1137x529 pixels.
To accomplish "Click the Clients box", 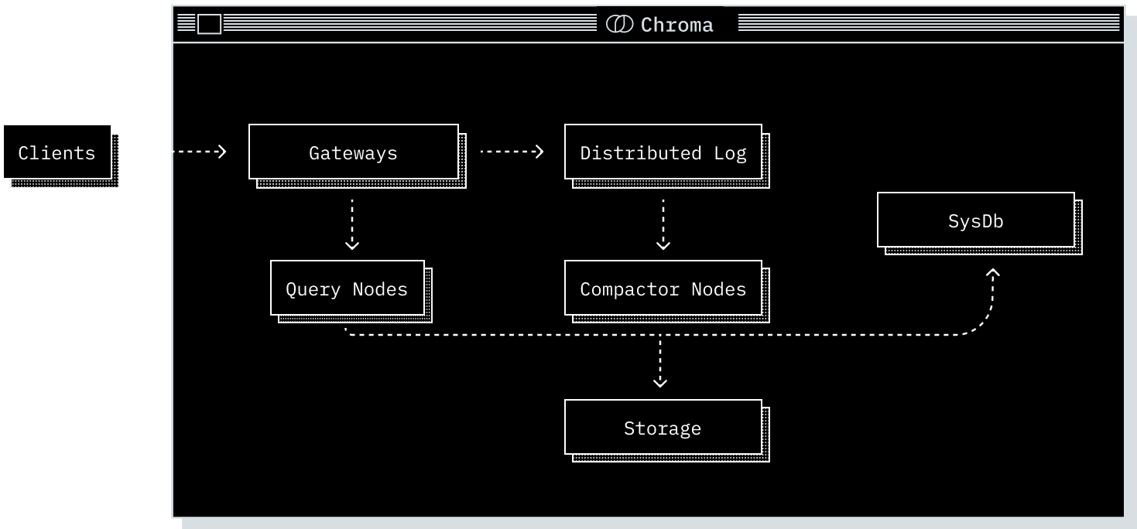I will (57, 152).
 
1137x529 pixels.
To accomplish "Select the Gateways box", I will (353, 152).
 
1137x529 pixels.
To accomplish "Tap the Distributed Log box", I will (663, 152).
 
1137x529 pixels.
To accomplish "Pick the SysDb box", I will (975, 220).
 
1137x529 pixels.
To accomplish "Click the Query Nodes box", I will (347, 288).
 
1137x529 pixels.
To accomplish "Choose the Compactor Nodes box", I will (663, 288).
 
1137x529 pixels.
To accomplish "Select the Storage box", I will (663, 428).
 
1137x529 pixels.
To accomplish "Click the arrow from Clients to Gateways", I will (181, 152).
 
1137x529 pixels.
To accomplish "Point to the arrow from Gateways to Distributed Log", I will (512, 152).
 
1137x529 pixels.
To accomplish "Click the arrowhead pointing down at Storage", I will (659, 381).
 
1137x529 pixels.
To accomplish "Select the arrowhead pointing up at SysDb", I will (993, 273).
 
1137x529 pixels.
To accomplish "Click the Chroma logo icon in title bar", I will (619, 24).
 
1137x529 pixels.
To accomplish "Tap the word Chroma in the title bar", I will (676, 25).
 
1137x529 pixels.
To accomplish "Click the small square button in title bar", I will (209, 24).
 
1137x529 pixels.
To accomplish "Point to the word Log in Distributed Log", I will (730, 152).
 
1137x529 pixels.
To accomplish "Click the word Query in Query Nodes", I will (313, 289).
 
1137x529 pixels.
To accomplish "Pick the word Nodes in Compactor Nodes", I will (718, 289).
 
